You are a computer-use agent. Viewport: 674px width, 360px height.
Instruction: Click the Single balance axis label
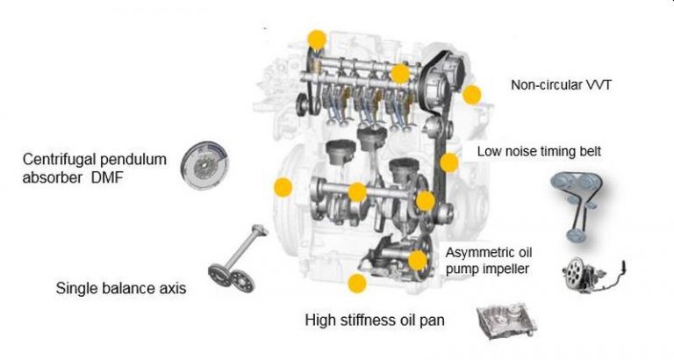[120, 288]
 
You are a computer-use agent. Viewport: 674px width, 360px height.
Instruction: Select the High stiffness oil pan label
[375, 320]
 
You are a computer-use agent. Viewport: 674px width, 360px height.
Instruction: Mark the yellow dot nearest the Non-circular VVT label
[472, 95]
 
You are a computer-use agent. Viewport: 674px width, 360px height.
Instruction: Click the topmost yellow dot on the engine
[316, 39]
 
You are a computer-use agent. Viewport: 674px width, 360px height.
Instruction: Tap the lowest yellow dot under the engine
[356, 283]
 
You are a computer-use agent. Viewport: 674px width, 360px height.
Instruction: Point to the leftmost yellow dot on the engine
[283, 187]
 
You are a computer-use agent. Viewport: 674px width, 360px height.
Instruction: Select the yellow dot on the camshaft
[399, 74]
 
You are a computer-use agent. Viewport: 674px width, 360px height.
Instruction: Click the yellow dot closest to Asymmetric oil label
[418, 260]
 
